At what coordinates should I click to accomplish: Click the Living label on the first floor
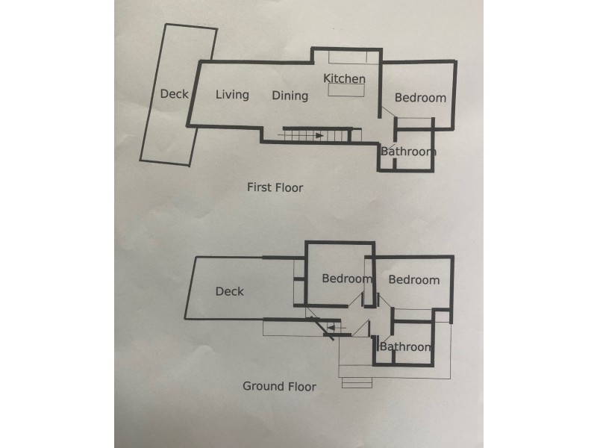pyautogui.click(x=232, y=95)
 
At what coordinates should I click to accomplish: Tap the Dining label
pyautogui.click(x=290, y=96)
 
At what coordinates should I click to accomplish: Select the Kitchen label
pyautogui.click(x=344, y=78)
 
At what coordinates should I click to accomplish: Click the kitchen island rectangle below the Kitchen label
pyautogui.click(x=346, y=90)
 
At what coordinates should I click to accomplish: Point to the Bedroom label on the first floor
pyautogui.click(x=420, y=98)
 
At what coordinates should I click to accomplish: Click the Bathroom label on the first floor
pyautogui.click(x=408, y=152)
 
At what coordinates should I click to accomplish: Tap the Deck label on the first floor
pyautogui.click(x=174, y=94)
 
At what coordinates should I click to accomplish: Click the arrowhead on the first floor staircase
pyautogui.click(x=319, y=136)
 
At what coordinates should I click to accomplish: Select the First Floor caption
pyautogui.click(x=275, y=187)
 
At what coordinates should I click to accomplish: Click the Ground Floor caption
pyautogui.click(x=279, y=386)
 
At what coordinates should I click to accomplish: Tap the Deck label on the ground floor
pyautogui.click(x=230, y=291)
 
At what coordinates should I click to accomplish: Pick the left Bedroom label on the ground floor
pyautogui.click(x=347, y=279)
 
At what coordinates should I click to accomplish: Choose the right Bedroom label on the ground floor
pyautogui.click(x=414, y=280)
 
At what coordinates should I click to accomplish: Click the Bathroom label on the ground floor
pyautogui.click(x=406, y=346)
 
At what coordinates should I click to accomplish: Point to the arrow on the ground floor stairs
pyautogui.click(x=337, y=328)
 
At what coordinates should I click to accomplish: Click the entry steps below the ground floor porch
pyautogui.click(x=357, y=383)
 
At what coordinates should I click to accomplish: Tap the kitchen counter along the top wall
pyautogui.click(x=354, y=57)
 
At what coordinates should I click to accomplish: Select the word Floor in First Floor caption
pyautogui.click(x=288, y=187)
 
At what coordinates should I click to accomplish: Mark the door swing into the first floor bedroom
pyautogui.click(x=389, y=113)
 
